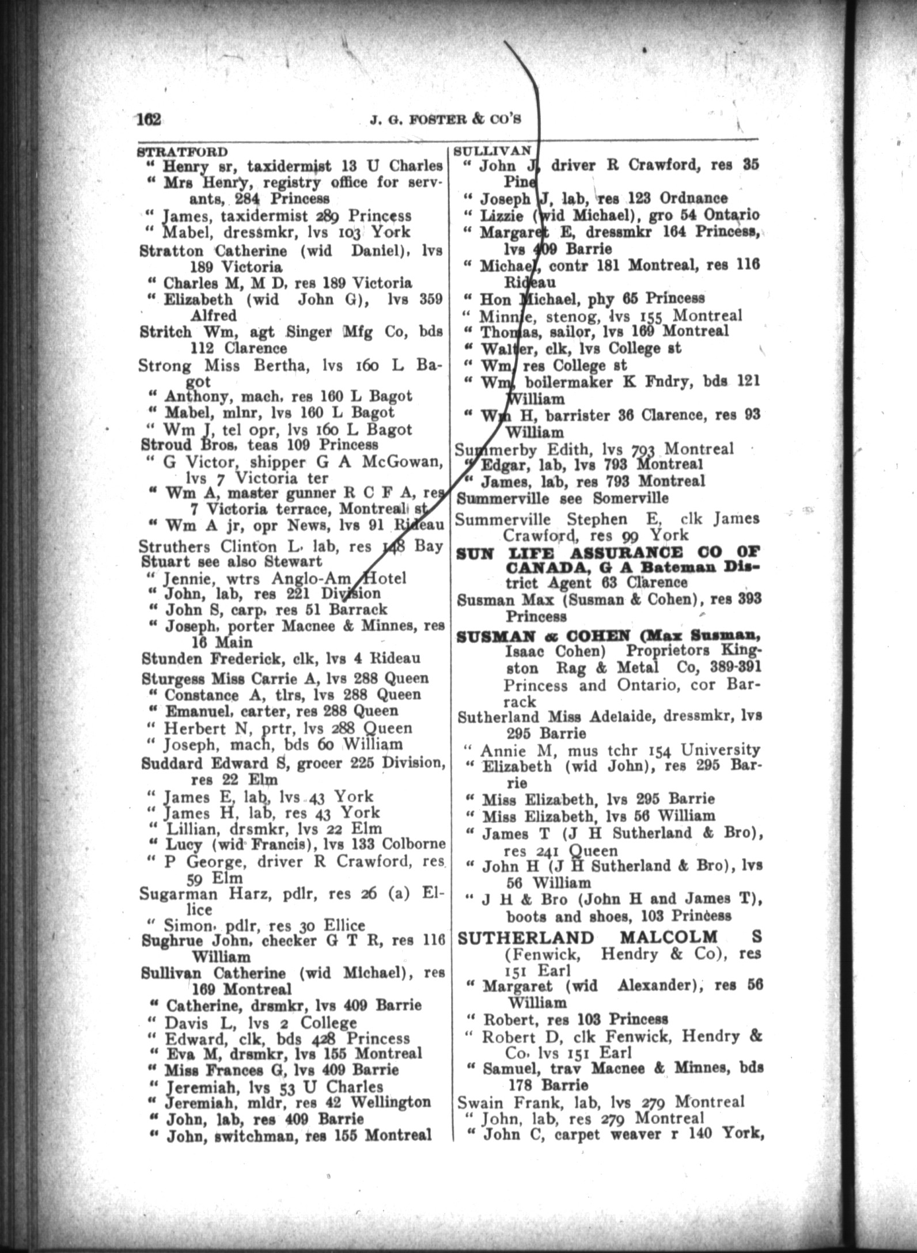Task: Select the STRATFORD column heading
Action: (183, 153)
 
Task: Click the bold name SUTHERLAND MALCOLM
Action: (588, 937)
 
